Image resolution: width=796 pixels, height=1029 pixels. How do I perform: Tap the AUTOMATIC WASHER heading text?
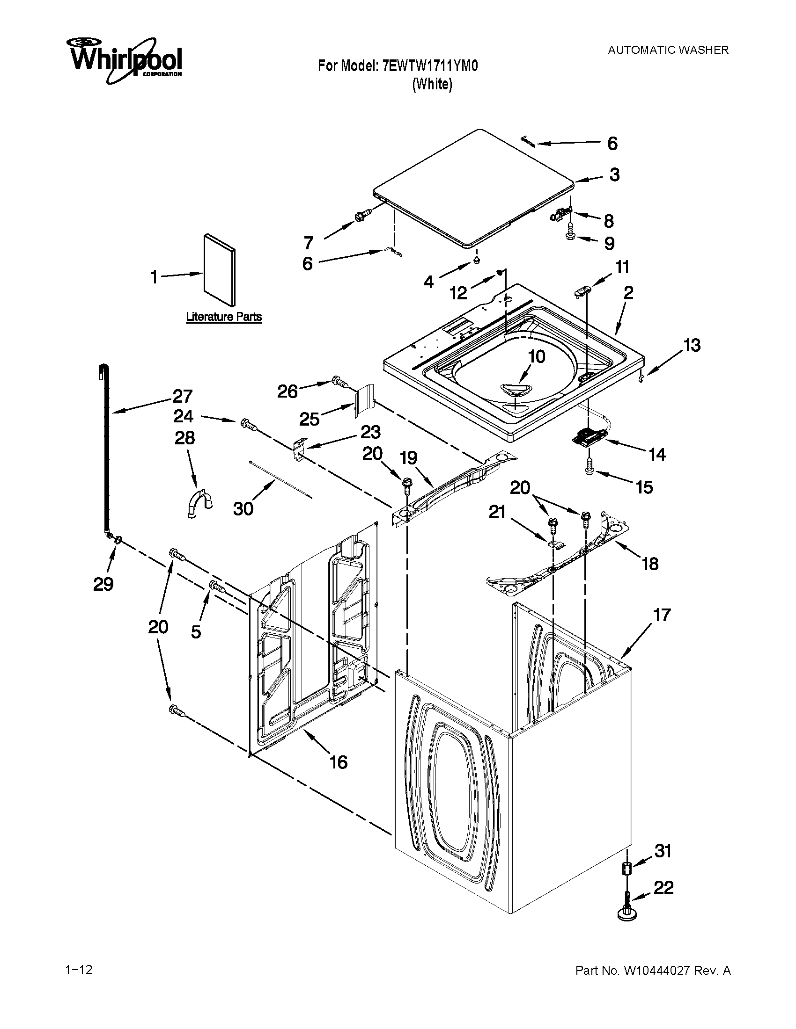tap(668, 50)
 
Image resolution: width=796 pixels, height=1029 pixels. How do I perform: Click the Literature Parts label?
tap(223, 317)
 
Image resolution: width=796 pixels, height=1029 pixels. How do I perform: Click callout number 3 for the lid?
tap(614, 175)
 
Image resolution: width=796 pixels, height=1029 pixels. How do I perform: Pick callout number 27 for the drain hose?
tap(182, 396)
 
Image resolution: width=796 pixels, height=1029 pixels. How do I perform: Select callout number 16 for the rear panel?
tap(339, 762)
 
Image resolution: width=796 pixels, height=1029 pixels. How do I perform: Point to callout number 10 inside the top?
tap(537, 356)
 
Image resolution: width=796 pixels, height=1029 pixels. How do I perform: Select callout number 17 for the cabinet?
tap(662, 615)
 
